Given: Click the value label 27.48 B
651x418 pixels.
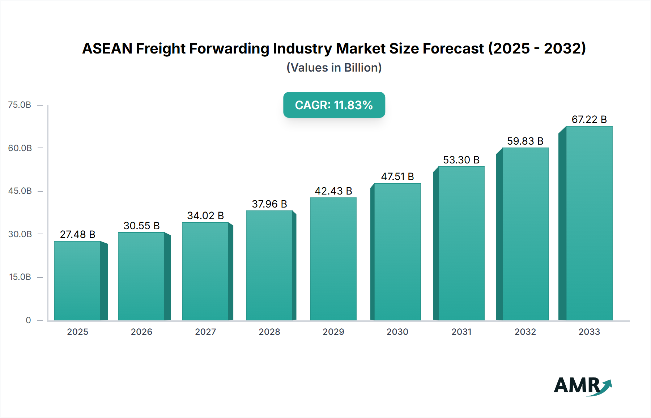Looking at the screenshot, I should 77,234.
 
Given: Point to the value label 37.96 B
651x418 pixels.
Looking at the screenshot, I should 269,204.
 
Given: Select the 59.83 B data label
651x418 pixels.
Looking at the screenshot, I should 525,141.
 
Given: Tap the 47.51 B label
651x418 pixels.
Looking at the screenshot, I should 397,176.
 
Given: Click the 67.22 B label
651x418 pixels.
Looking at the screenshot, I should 589,119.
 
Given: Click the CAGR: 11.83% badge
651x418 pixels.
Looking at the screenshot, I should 334,105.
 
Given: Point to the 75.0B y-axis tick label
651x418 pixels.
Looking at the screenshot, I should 20,105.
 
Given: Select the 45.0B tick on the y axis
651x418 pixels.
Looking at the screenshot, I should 20,191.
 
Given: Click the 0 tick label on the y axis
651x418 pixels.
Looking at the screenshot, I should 28,320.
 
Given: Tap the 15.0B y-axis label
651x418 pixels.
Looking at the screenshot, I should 20,277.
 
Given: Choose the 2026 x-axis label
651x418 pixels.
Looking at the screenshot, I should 141,332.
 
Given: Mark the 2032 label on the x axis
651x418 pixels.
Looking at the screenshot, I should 525,332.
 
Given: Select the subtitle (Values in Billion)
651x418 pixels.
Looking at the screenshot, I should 334,68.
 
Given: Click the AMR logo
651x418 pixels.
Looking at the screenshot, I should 582,386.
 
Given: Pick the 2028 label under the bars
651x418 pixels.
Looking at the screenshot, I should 269,332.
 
